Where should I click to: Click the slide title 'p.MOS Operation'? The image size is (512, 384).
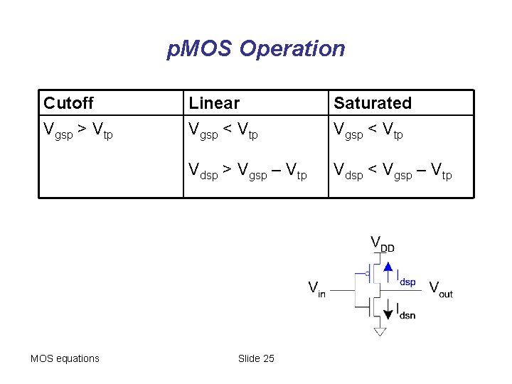256,49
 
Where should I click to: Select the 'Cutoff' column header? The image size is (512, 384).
68,103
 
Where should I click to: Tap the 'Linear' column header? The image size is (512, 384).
214,103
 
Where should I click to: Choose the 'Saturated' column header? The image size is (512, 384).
373,103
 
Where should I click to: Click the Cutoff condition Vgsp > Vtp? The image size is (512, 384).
78,131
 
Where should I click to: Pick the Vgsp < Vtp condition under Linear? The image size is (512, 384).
223,131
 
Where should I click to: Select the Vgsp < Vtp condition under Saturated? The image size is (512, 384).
368,131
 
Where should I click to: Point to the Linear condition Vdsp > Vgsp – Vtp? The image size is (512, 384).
247,171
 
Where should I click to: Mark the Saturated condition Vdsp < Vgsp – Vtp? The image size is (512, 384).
393,171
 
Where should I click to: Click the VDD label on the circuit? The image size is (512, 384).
382,244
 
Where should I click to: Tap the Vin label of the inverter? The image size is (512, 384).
316,289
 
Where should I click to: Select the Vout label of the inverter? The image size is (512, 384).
441,288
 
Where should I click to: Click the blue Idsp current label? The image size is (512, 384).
406,278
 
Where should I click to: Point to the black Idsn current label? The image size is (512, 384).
406,311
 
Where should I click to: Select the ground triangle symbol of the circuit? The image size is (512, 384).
380,331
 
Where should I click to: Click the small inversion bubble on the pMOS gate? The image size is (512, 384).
367,273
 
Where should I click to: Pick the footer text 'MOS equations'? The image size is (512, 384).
65,358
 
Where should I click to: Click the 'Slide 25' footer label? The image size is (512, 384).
256,358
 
